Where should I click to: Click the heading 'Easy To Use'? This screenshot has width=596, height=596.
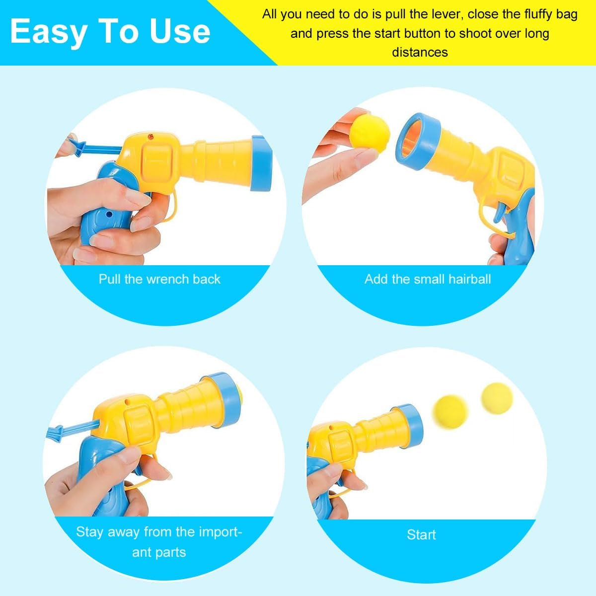[110, 32]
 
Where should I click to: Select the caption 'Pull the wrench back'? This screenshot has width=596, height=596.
[159, 279]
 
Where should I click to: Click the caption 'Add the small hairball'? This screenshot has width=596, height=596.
[428, 279]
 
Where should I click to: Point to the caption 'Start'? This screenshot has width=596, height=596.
[421, 535]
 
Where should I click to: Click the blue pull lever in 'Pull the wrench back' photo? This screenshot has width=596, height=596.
[94, 148]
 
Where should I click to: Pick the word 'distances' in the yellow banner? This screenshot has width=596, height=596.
[420, 52]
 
